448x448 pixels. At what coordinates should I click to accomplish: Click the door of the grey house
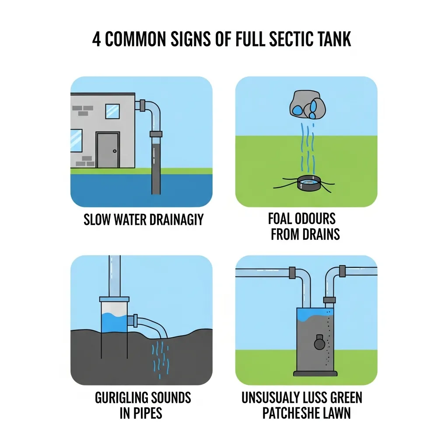point(108,150)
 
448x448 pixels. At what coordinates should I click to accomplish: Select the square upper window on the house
point(112,111)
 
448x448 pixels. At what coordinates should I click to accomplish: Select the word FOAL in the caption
point(282,219)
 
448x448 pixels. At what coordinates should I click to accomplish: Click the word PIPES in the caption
point(147,413)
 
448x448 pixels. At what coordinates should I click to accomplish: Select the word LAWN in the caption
point(335,413)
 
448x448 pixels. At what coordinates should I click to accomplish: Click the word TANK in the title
point(333,39)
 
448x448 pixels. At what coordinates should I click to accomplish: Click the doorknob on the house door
point(115,151)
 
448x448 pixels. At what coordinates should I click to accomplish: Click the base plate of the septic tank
point(315,373)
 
